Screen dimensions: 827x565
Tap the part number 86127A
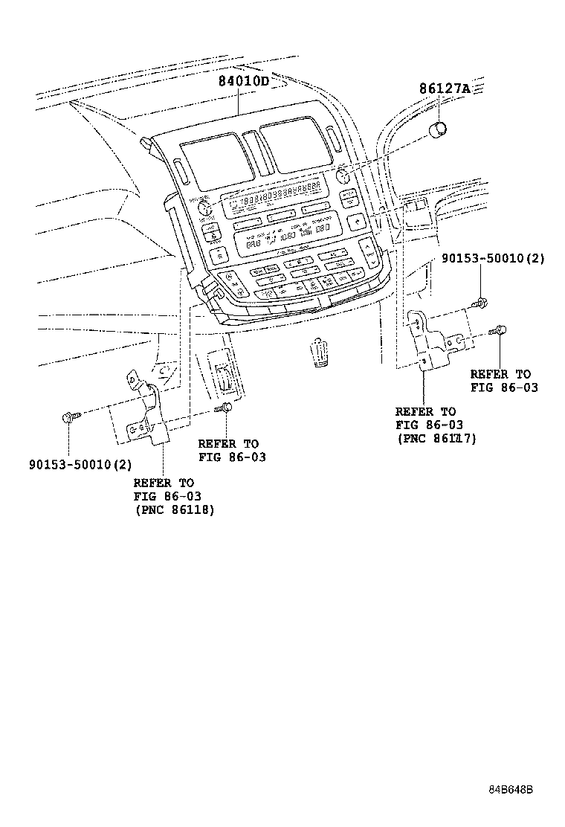tap(445, 89)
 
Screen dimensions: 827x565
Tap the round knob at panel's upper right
tap(343, 177)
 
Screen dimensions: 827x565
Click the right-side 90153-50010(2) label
tap(492, 260)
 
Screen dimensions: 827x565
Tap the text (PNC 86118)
tap(174, 510)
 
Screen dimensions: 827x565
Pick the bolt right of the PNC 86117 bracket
tap(500, 331)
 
